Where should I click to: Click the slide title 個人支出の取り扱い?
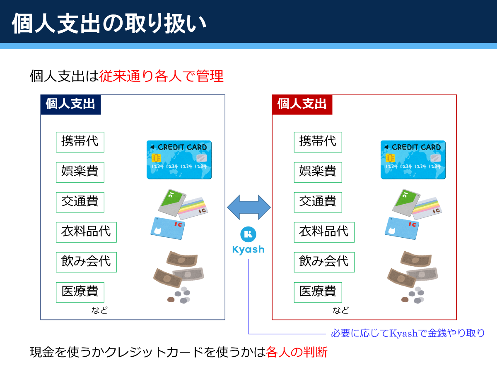[x=109, y=23]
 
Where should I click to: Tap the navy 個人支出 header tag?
[x=71, y=105]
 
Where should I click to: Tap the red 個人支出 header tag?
[x=302, y=105]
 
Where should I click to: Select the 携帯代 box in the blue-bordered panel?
[x=80, y=142]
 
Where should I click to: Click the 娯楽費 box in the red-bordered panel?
[x=318, y=172]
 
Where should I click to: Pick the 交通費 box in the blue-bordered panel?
[x=80, y=202]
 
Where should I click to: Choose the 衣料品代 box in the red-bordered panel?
[x=324, y=232]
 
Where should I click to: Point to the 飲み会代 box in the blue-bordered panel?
[x=86, y=262]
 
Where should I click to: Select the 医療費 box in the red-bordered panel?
[x=318, y=292]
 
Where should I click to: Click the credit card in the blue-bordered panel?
[x=179, y=160]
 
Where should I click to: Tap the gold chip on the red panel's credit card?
[x=390, y=157]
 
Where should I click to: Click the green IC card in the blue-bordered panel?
[x=172, y=203]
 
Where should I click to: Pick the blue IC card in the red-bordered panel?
[x=402, y=228]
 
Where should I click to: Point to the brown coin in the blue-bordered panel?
[x=171, y=300]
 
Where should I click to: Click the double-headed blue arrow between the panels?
[x=249, y=207]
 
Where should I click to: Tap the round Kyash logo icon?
[x=248, y=234]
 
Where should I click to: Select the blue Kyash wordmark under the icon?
[x=248, y=250]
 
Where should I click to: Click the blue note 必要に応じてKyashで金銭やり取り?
[x=408, y=333]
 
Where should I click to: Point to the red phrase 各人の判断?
[x=297, y=352]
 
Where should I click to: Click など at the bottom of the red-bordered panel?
[x=341, y=310]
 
